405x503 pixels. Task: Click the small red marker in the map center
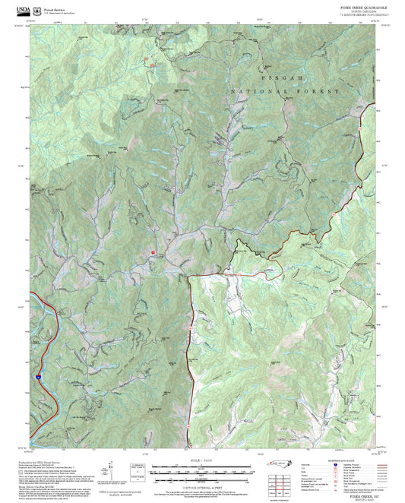point(153,251)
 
